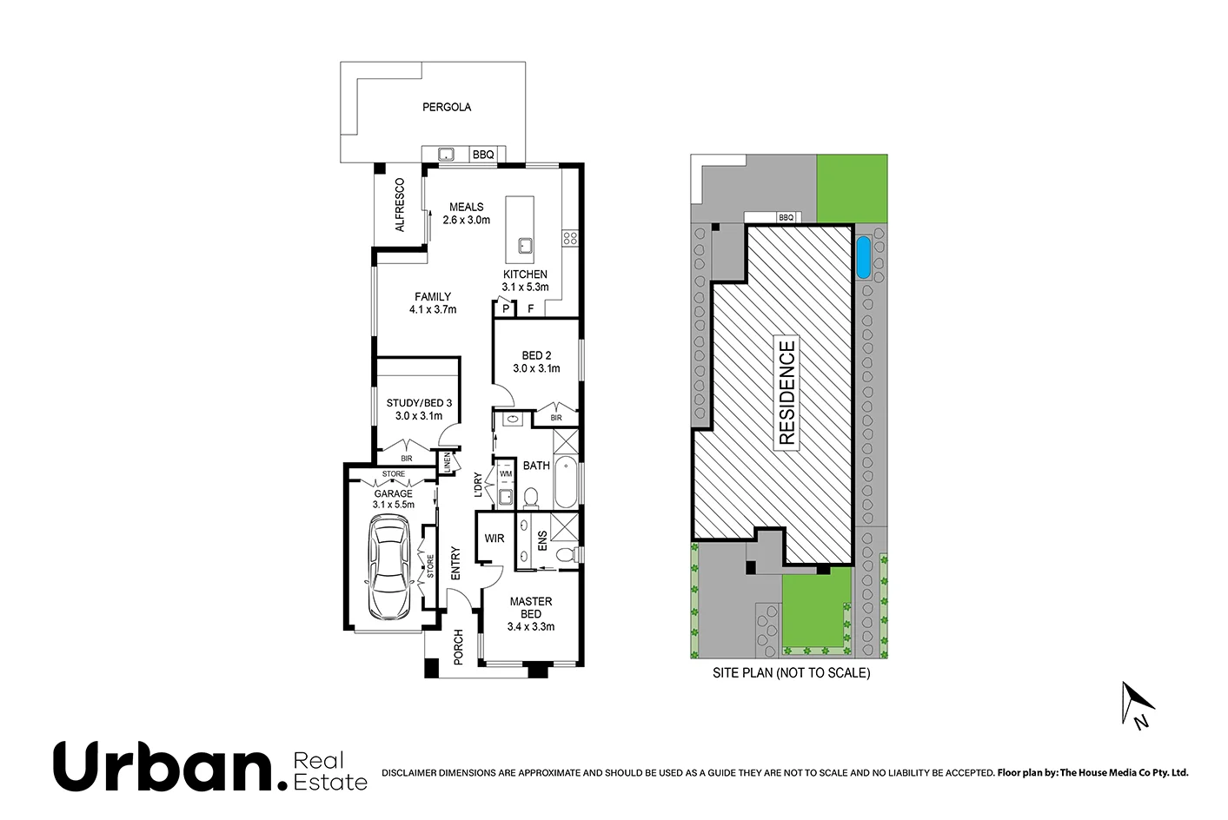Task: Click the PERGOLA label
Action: (447, 108)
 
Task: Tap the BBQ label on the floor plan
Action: (483, 155)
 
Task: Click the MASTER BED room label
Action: (531, 613)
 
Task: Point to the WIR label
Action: (495, 539)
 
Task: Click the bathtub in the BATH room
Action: (565, 482)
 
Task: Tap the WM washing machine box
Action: (506, 474)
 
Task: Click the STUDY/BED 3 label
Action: (419, 409)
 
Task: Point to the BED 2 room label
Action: (536, 361)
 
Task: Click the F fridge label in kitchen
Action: (530, 308)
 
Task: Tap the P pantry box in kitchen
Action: (505, 308)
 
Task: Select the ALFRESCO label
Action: (400, 205)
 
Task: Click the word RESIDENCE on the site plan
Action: (787, 393)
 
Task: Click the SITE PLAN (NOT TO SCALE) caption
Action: (791, 672)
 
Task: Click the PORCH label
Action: (458, 647)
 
